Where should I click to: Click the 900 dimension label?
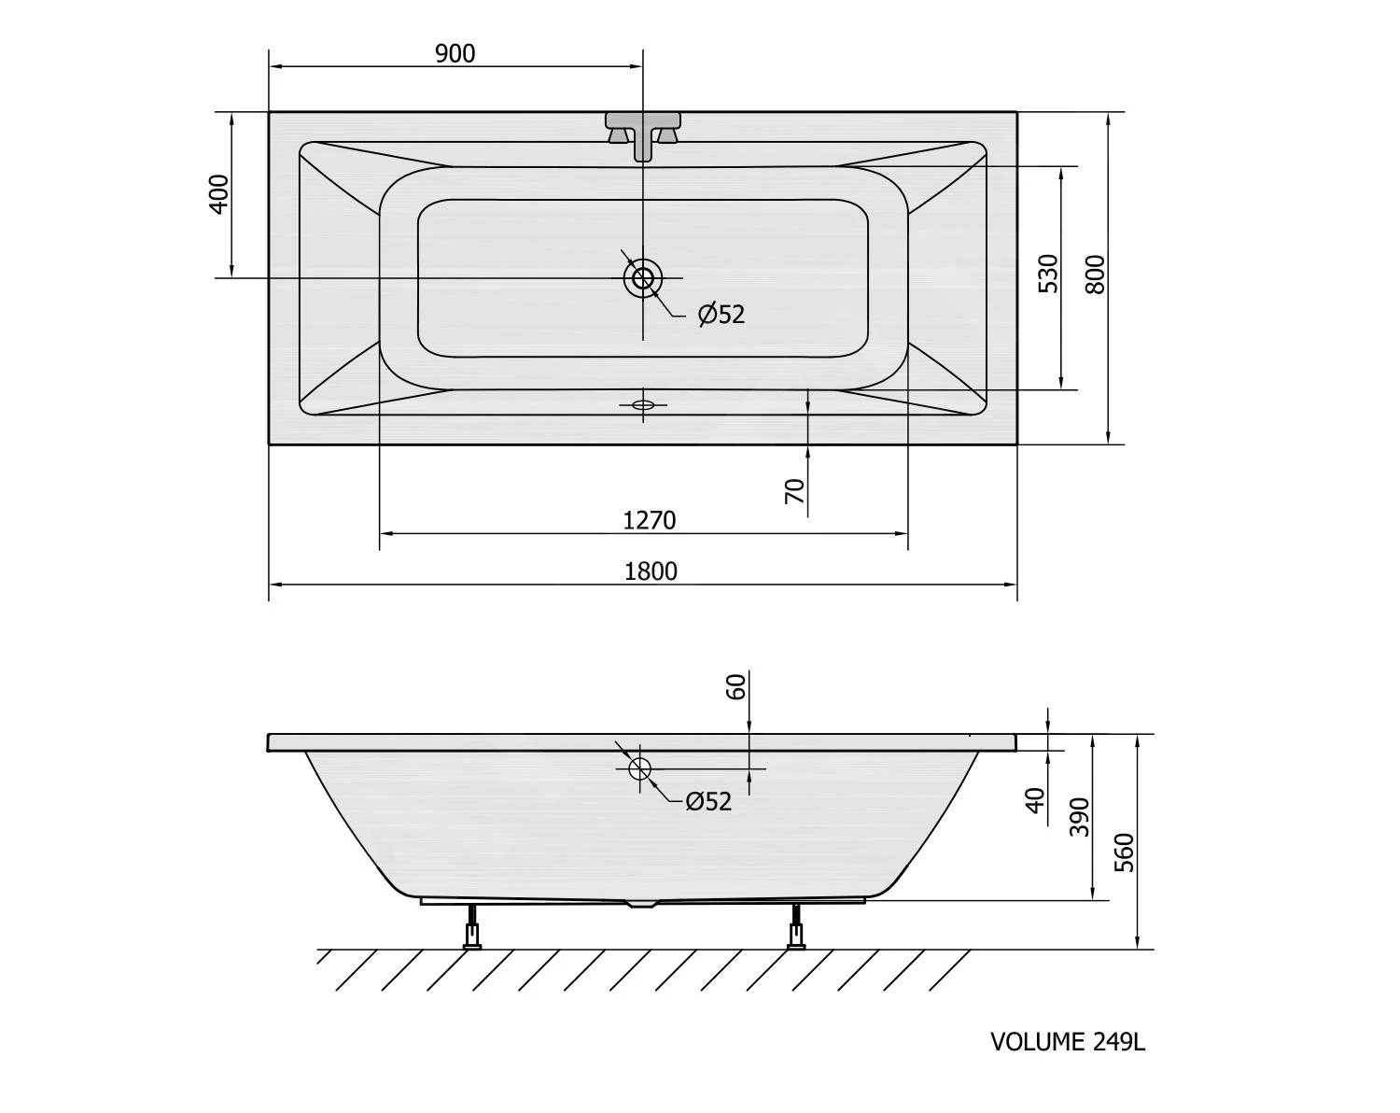point(455,54)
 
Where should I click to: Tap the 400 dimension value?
point(220,194)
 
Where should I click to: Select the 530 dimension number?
point(1048,274)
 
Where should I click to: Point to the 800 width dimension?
point(1096,274)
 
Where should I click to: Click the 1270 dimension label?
point(650,521)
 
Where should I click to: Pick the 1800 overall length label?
point(651,571)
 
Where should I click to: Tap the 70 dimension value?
point(794,491)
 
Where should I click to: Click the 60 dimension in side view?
point(735,687)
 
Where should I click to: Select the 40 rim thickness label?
point(1035,800)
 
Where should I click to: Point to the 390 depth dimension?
point(1079,817)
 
